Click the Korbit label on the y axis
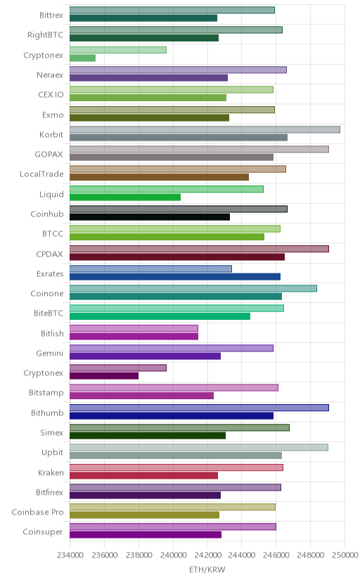click(51, 134)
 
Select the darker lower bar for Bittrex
click(143, 18)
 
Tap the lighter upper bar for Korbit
click(205, 129)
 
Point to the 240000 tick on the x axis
click(173, 555)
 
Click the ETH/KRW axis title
click(207, 570)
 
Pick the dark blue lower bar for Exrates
click(175, 276)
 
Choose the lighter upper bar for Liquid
click(167, 189)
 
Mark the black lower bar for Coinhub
click(150, 217)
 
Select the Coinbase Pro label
click(37, 512)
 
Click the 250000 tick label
click(345, 555)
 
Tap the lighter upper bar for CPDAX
click(199, 249)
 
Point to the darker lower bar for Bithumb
click(172, 415)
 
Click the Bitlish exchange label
click(52, 333)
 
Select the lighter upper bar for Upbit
click(199, 447)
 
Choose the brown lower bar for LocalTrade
click(159, 177)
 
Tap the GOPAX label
click(49, 154)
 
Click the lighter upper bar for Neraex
click(178, 70)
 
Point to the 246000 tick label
click(276, 555)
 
